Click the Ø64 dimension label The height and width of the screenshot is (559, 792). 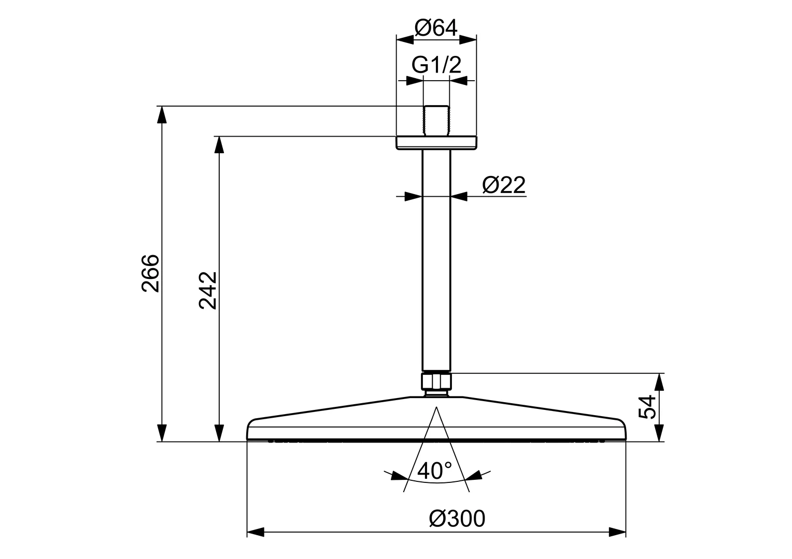[x=436, y=28]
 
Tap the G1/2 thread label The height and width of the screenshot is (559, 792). [x=436, y=65]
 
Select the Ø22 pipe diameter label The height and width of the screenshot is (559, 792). [x=504, y=185]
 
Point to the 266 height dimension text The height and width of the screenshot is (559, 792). [x=150, y=273]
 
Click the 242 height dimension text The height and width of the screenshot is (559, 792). [x=207, y=290]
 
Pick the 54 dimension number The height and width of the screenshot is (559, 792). [x=647, y=407]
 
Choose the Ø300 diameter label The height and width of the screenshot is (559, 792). [x=457, y=519]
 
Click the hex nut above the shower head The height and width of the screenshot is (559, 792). [x=436, y=381]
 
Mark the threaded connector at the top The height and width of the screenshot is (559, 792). [x=436, y=121]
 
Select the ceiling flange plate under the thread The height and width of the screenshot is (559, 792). [x=436, y=143]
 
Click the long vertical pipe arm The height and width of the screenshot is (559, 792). [x=436, y=260]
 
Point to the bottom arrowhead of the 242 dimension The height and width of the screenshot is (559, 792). [x=219, y=433]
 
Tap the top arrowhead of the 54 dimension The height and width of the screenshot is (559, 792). [x=659, y=382]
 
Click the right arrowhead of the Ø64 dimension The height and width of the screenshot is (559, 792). [x=468, y=40]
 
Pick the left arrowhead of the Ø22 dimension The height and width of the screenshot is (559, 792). [x=413, y=196]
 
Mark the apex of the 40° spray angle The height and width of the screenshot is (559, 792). [x=436, y=407]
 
